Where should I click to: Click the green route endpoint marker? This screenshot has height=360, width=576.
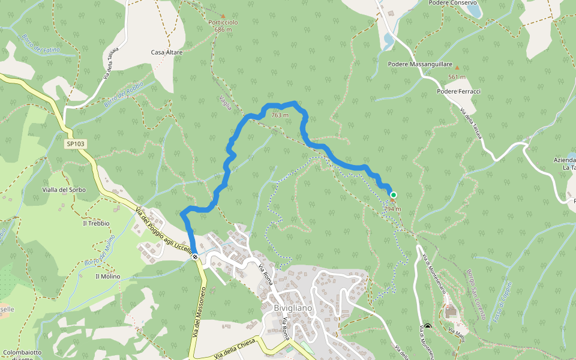pyautogui.click(x=394, y=194)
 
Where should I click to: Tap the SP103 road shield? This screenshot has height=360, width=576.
pyautogui.click(x=76, y=144)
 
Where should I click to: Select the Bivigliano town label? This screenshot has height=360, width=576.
pyautogui.click(x=293, y=308)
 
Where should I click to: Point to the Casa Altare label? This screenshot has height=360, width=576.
pyautogui.click(x=167, y=53)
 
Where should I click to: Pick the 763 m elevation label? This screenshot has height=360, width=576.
pyautogui.click(x=280, y=115)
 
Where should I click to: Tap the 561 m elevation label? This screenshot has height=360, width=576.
pyautogui.click(x=457, y=77)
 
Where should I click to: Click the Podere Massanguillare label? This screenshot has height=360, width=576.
pyautogui.click(x=419, y=63)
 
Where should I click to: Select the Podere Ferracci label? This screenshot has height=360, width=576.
pyautogui.click(x=459, y=91)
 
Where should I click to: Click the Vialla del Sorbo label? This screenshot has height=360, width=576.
pyautogui.click(x=64, y=190)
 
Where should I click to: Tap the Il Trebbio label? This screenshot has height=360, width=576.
pyautogui.click(x=96, y=223)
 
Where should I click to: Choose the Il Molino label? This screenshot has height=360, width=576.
pyautogui.click(x=107, y=277)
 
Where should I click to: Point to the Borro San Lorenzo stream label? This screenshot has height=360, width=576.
pyautogui.click(x=475, y=294)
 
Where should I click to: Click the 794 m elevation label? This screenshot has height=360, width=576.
pyautogui.click(x=392, y=209)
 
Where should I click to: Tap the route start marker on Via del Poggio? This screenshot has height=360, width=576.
pyautogui.click(x=195, y=256)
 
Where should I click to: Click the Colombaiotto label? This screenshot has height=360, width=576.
pyautogui.click(x=22, y=352)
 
